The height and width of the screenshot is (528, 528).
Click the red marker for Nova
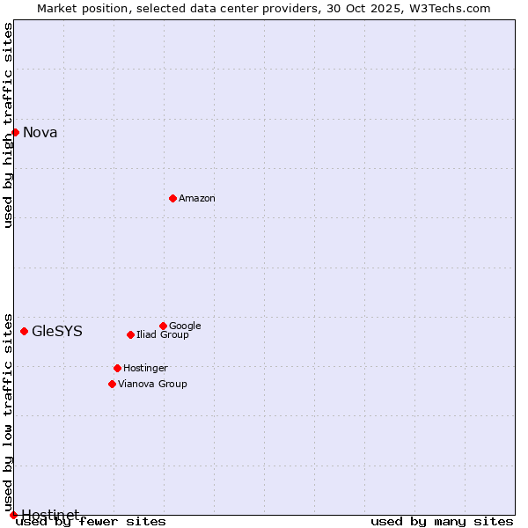pos(15,132)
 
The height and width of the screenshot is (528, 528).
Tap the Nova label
pos(40,133)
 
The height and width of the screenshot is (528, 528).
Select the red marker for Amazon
pos(172,198)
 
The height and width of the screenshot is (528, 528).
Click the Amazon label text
pos(197,199)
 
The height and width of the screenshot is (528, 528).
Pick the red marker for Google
pos(163,326)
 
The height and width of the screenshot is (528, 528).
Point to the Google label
pos(185,326)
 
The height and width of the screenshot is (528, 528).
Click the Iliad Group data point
pos(130,334)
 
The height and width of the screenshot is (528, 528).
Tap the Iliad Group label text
pos(163,335)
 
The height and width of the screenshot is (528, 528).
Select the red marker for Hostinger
pos(117,368)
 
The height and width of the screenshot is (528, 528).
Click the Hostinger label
pos(145,369)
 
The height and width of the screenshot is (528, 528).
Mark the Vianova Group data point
pos(112,384)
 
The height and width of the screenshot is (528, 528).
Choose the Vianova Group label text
pos(152,385)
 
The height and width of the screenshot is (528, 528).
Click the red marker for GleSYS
pos(24,331)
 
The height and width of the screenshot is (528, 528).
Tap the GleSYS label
pos(57,332)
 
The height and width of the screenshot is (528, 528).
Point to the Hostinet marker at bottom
pos(13,515)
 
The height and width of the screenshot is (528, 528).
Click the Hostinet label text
pos(50,514)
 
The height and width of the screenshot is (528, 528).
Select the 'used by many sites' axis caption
pos(442,522)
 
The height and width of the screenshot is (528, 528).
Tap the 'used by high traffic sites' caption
pos(9,125)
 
